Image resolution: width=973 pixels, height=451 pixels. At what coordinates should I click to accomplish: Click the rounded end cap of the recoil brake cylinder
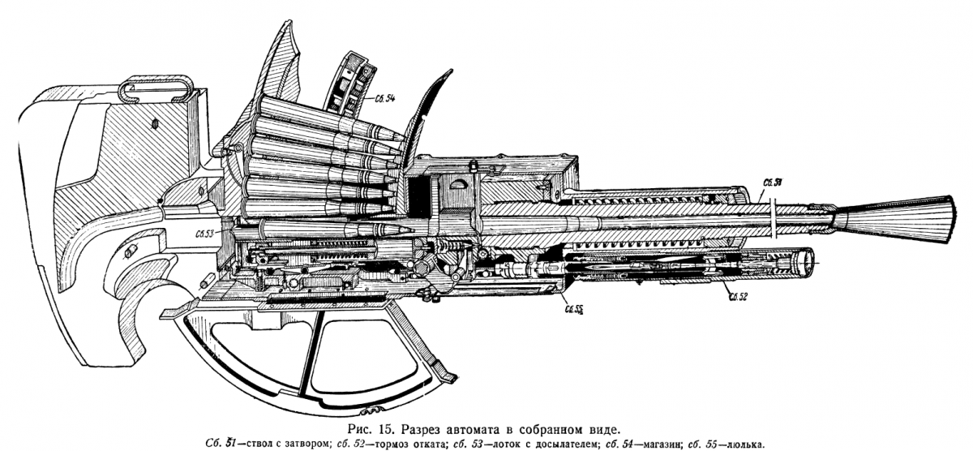(806, 263)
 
